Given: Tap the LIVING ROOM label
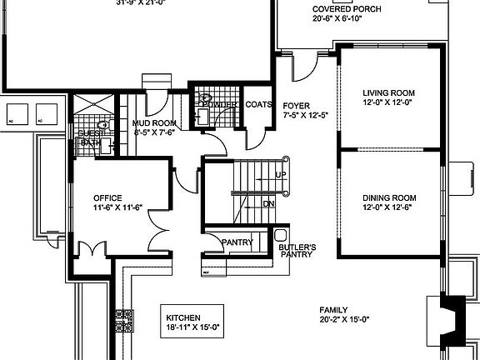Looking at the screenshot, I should click(x=388, y=92).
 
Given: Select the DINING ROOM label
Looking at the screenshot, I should click(x=388, y=197).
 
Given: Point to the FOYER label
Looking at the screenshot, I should click(x=296, y=105).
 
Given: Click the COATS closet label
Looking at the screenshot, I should click(x=259, y=104).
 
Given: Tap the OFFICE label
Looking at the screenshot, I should click(x=107, y=197).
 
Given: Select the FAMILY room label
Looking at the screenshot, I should click(x=332, y=309).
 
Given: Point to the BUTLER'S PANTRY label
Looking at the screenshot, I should click(x=297, y=251).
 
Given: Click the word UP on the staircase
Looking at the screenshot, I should click(x=281, y=175).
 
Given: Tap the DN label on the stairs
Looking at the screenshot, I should click(x=268, y=202).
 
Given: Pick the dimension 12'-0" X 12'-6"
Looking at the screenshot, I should click(x=388, y=207).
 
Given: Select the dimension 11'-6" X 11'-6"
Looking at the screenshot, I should click(x=107, y=207).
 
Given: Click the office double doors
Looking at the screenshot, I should click(x=91, y=248).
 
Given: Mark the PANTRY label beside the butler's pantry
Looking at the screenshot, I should click(x=237, y=242).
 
